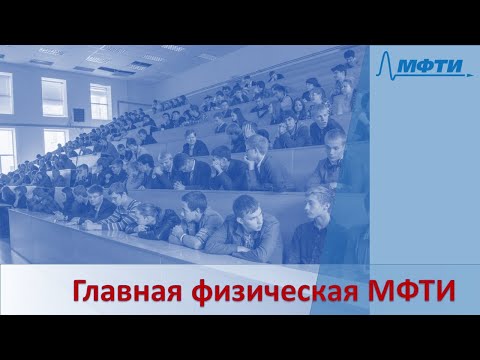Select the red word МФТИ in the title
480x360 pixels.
(406, 292)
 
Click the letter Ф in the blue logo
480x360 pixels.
(420, 67)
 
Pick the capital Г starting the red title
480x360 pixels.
(79, 292)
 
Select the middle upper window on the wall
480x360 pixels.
(54, 97)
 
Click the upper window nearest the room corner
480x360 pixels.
(100, 101)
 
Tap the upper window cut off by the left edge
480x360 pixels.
(6, 93)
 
